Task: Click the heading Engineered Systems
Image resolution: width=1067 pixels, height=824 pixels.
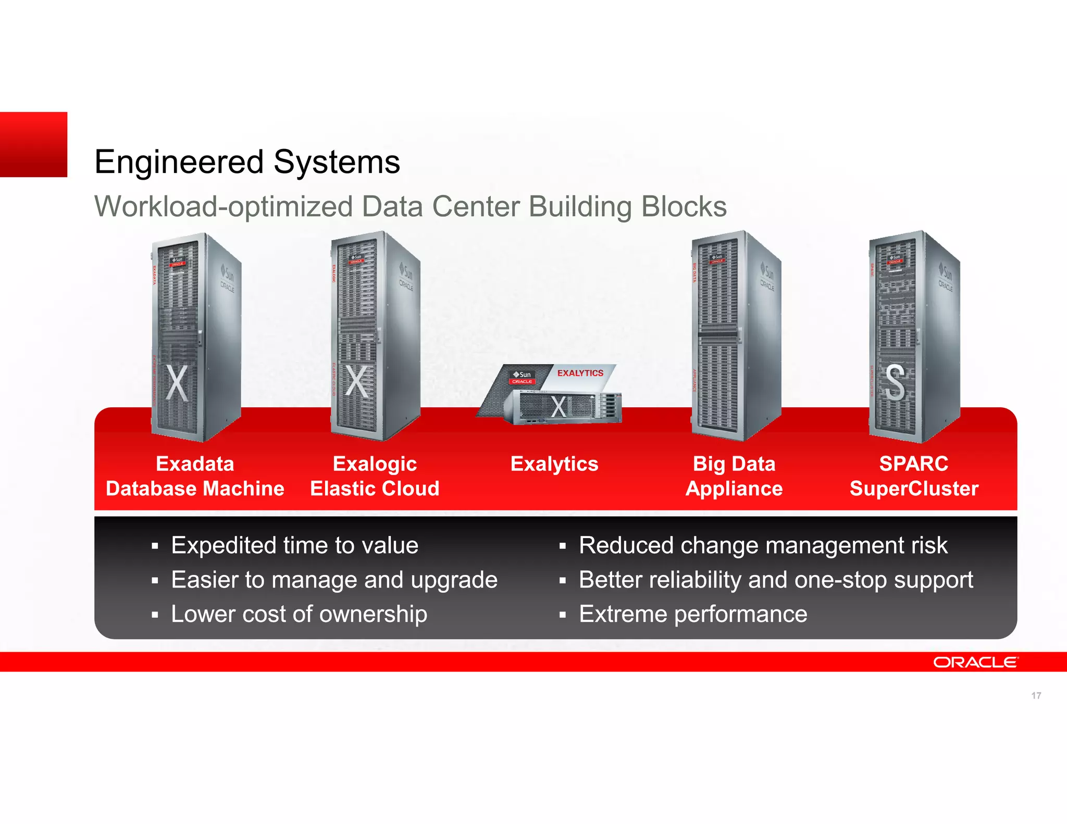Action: [247, 161]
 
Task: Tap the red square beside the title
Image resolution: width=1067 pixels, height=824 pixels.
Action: [33, 144]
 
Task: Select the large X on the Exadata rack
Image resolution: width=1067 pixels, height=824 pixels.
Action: [177, 383]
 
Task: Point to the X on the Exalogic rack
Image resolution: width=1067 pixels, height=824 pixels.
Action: [357, 382]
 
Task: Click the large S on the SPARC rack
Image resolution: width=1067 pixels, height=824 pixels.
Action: [895, 383]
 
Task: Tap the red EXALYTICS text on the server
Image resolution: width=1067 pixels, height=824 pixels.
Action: [580, 373]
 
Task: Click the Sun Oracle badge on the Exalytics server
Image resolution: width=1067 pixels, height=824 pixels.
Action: [522, 377]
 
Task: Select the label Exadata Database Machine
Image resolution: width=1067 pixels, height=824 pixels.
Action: [195, 476]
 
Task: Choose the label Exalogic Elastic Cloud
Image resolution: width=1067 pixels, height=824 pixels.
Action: [375, 476]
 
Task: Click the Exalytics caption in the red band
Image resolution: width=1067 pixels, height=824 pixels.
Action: [554, 464]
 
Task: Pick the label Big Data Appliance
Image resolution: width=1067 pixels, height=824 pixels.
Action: [734, 476]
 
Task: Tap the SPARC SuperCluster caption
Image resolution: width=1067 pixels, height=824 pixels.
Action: [914, 476]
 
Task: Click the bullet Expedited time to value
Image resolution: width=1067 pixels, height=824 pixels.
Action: [294, 545]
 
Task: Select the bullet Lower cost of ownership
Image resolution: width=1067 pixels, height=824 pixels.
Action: [299, 614]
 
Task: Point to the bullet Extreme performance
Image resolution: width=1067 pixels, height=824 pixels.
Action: [693, 614]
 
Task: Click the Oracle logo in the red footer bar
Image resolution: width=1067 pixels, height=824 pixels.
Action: [975, 662]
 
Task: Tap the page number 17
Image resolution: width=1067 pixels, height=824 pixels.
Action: [1036, 695]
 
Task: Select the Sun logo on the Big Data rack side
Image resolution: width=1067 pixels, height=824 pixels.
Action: [768, 272]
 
